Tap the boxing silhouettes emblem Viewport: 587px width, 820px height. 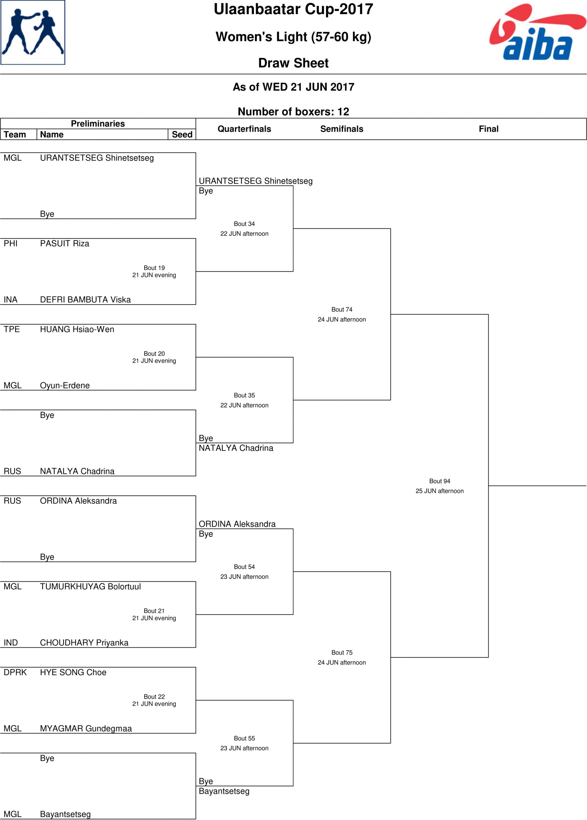(x=33, y=33)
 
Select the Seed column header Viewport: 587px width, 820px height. (x=182, y=135)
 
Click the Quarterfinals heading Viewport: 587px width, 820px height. (x=244, y=129)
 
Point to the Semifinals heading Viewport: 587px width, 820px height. (x=342, y=129)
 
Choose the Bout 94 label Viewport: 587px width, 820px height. (x=439, y=481)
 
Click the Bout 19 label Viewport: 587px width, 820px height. (x=154, y=267)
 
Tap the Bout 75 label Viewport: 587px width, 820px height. (x=342, y=652)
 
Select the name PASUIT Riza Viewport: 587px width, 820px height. (x=65, y=243)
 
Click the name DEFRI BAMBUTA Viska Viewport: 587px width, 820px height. (x=85, y=299)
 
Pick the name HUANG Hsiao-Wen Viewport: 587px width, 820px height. (x=77, y=329)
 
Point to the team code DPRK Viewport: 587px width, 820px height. (x=15, y=672)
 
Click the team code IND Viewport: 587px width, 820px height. (x=11, y=643)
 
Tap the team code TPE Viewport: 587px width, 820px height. (x=12, y=329)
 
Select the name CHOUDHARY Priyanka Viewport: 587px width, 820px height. (x=84, y=643)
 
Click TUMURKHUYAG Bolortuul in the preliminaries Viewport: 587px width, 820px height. (x=90, y=586)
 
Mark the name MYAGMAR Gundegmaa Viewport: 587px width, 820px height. (x=86, y=728)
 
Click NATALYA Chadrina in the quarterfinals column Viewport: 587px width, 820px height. (x=236, y=448)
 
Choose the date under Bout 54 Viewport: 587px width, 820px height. (x=244, y=577)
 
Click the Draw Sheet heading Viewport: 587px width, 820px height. (x=293, y=63)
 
